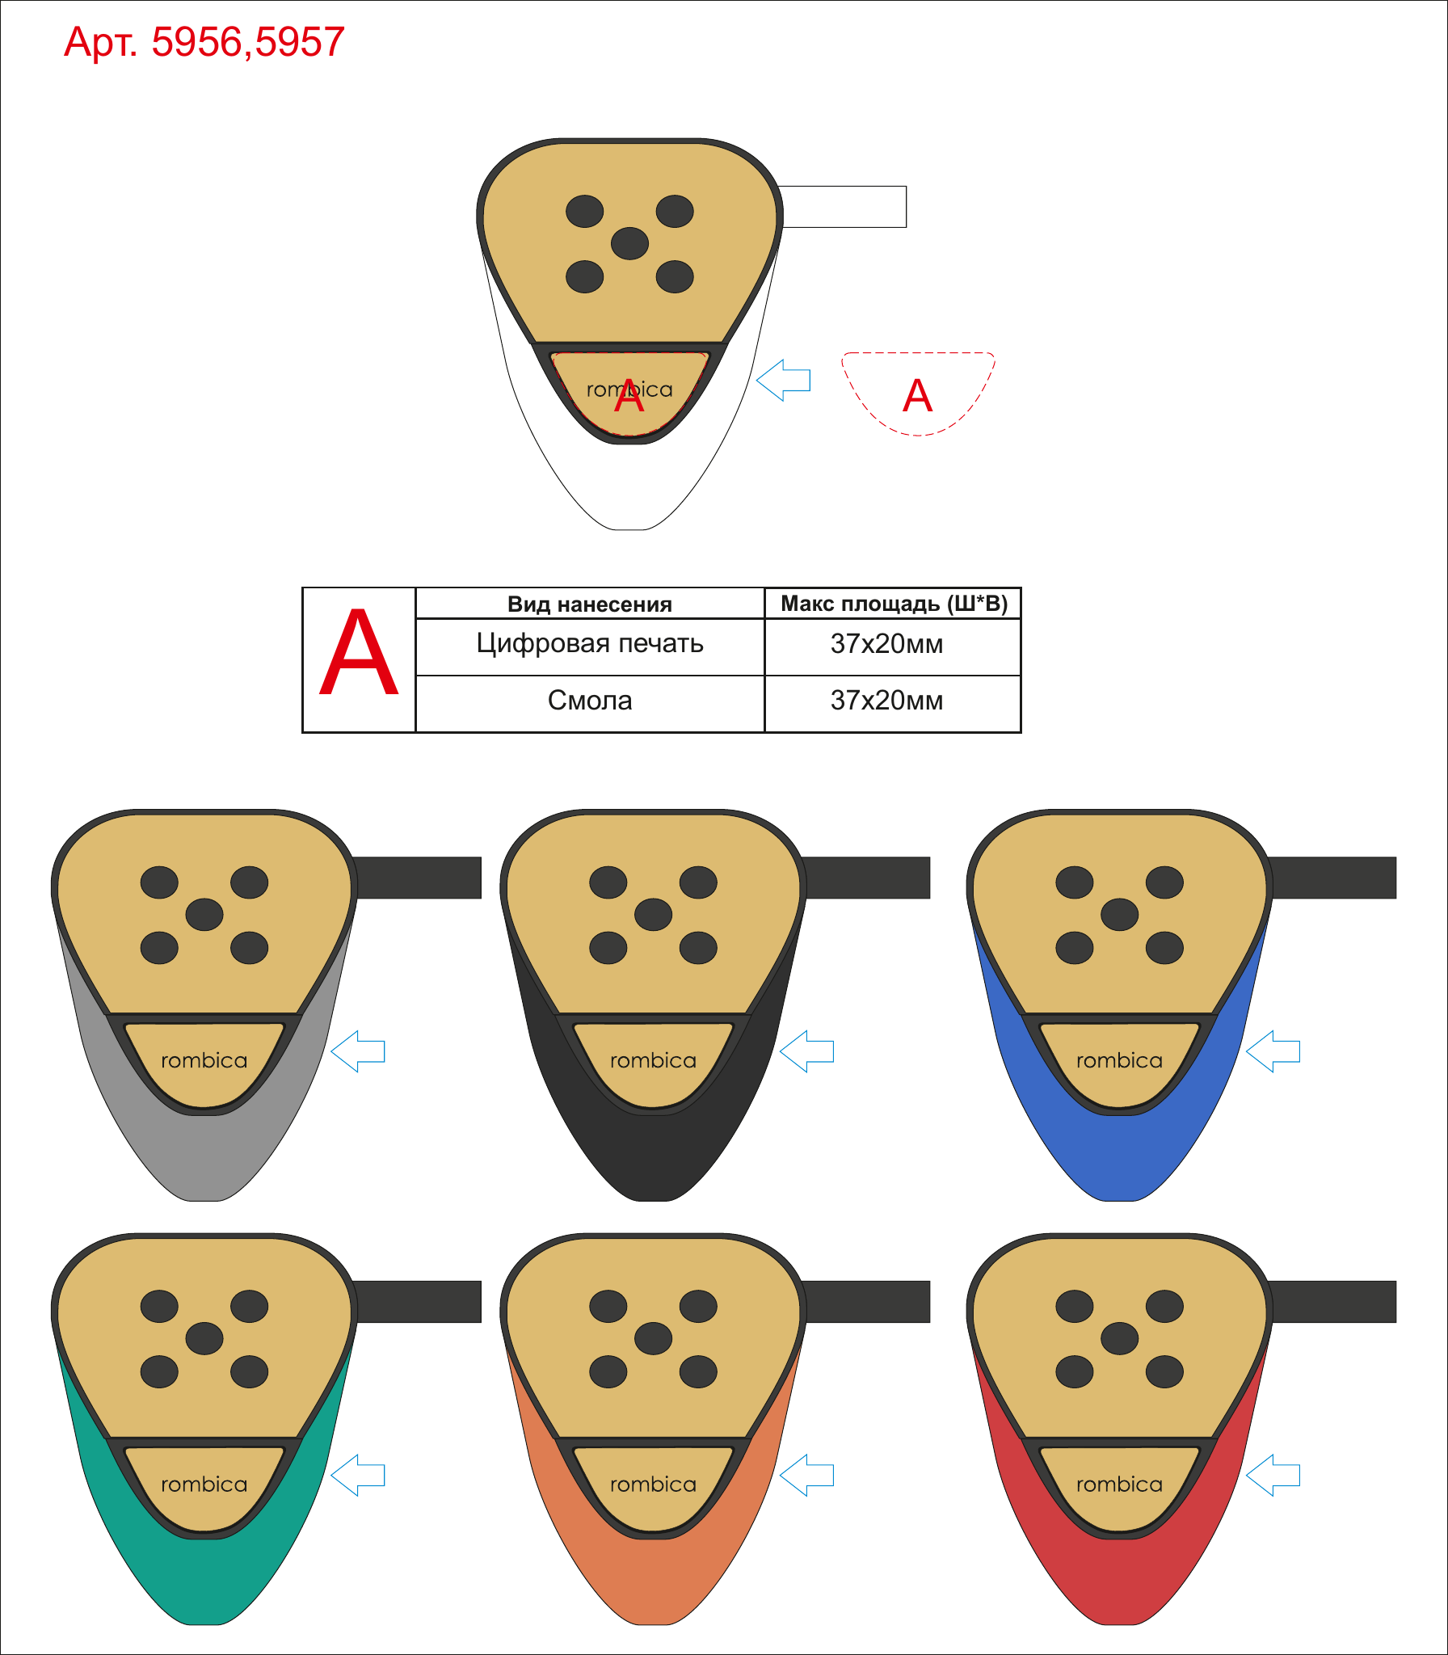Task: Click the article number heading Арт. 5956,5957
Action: [204, 42]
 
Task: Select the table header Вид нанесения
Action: [590, 604]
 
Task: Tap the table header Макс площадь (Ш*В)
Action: [894, 603]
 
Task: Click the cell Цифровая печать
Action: [590, 643]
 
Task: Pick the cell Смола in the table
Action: [590, 700]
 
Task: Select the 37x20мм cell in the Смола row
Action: [886, 700]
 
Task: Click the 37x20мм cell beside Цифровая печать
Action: [886, 643]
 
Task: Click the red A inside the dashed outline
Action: [917, 395]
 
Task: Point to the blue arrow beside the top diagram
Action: [783, 380]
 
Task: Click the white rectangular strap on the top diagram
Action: [843, 207]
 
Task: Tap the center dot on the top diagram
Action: [629, 243]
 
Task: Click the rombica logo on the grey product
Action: [204, 1060]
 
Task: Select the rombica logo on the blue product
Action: [1119, 1060]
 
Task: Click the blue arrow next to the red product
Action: [1273, 1475]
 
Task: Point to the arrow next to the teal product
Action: [358, 1475]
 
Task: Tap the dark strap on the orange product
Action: [866, 1301]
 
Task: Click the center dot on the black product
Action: [653, 915]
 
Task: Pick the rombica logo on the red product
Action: [1119, 1484]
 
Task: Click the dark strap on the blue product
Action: [1332, 878]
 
